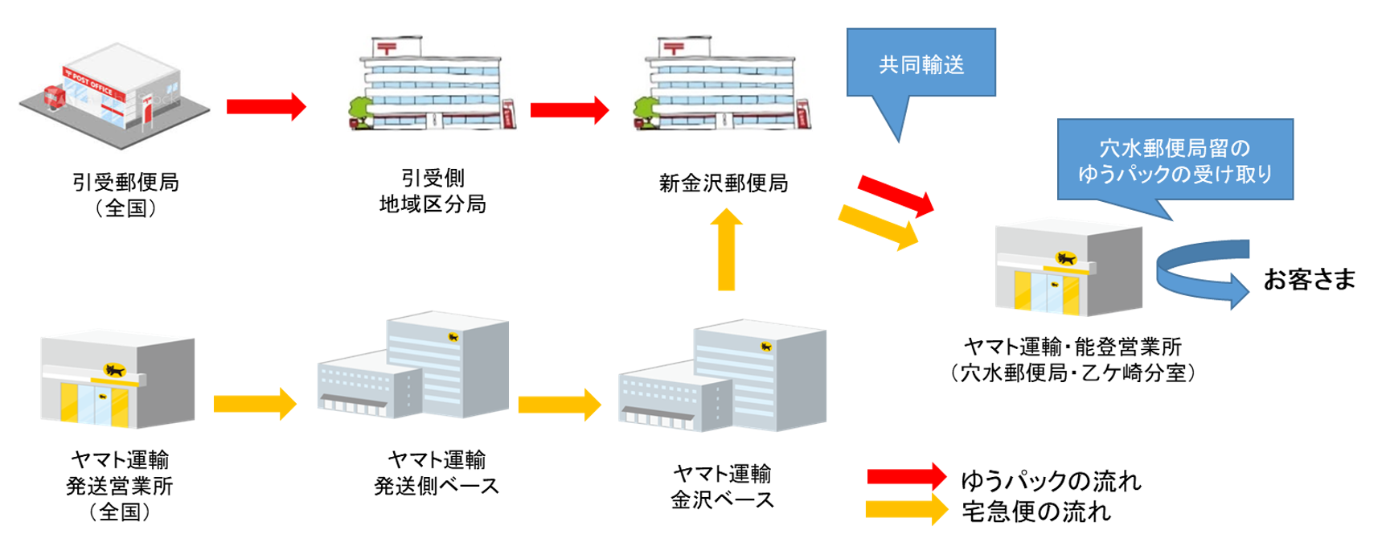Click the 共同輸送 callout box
point(921,64)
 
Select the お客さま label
point(1309,279)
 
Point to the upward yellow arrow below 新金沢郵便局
point(726,250)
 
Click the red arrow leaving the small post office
point(266,106)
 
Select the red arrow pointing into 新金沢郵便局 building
point(569,110)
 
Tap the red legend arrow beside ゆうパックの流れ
point(906,477)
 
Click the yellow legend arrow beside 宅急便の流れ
point(906,509)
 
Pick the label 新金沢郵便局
point(723,183)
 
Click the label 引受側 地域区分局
point(433,191)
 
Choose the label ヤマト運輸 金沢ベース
point(722,487)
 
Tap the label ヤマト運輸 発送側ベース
point(437,472)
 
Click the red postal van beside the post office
point(54,97)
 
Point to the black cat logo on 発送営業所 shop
point(115,370)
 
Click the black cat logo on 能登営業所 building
point(1066,258)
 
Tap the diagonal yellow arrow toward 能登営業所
point(879,226)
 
